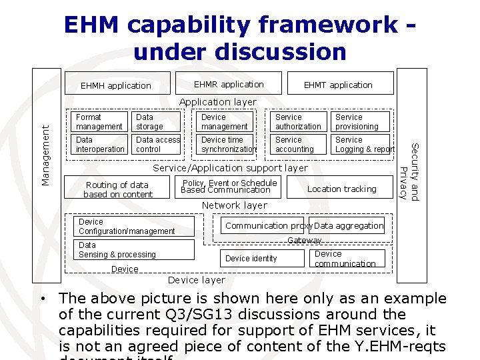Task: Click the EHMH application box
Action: click(115, 85)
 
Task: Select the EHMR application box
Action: click(228, 84)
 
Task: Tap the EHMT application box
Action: click(338, 85)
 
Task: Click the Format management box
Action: click(99, 121)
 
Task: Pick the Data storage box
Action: click(157, 121)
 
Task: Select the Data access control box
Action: click(157, 145)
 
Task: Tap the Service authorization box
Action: click(299, 121)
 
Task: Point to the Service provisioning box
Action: click(359, 121)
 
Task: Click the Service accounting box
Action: click(299, 145)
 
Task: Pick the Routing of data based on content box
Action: click(118, 189)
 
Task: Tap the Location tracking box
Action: click(341, 189)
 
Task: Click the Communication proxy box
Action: click(263, 226)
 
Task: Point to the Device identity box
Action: click(252, 258)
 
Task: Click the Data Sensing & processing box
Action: click(135, 250)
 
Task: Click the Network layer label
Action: click(234, 205)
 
